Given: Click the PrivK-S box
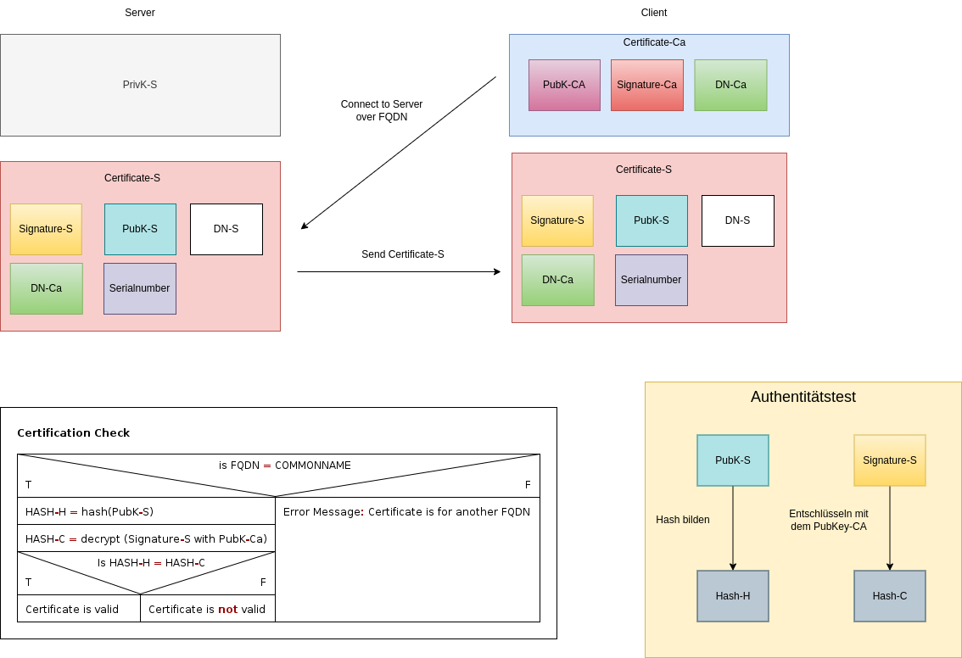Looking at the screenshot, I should pyautogui.click(x=140, y=85).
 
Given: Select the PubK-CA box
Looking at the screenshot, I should pyautogui.click(x=564, y=85).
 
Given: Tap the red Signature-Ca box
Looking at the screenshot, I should pyautogui.click(x=646, y=85).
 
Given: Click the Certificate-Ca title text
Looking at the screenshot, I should pyautogui.click(x=654, y=42).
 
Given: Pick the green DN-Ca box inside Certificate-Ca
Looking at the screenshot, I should pyautogui.click(x=730, y=85).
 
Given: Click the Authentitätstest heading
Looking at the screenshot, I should pyautogui.click(x=803, y=397).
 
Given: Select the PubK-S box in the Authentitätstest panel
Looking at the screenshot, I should pyautogui.click(x=733, y=460).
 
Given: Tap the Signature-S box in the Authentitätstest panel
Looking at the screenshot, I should pyautogui.click(x=889, y=460).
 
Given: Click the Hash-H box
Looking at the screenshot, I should pyautogui.click(x=733, y=596).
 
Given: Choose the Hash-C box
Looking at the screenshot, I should pyautogui.click(x=889, y=596).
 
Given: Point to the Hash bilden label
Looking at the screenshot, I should pyautogui.click(x=683, y=520).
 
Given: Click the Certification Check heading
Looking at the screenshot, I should pyautogui.click(x=74, y=433).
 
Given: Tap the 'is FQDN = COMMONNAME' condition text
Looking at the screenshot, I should pyautogui.click(x=284, y=466).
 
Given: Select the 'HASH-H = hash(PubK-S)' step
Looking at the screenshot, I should pyautogui.click(x=89, y=511).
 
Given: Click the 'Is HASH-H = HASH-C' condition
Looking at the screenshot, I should pyautogui.click(x=151, y=563).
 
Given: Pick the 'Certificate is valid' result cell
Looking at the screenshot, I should pyautogui.click(x=72, y=609).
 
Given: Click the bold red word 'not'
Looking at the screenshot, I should pyautogui.click(x=227, y=609).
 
